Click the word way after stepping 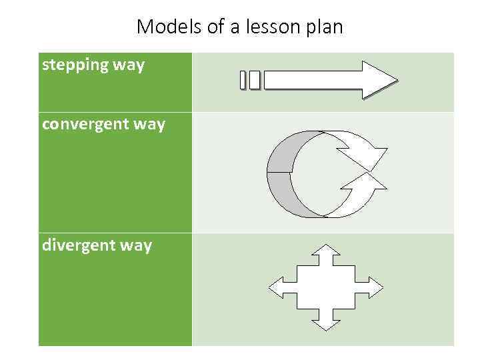coord(128,66)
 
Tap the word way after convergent coord(149,125)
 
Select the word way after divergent coord(136,245)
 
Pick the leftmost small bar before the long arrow coord(244,80)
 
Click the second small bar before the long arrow coord(254,80)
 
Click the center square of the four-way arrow coord(326,287)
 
